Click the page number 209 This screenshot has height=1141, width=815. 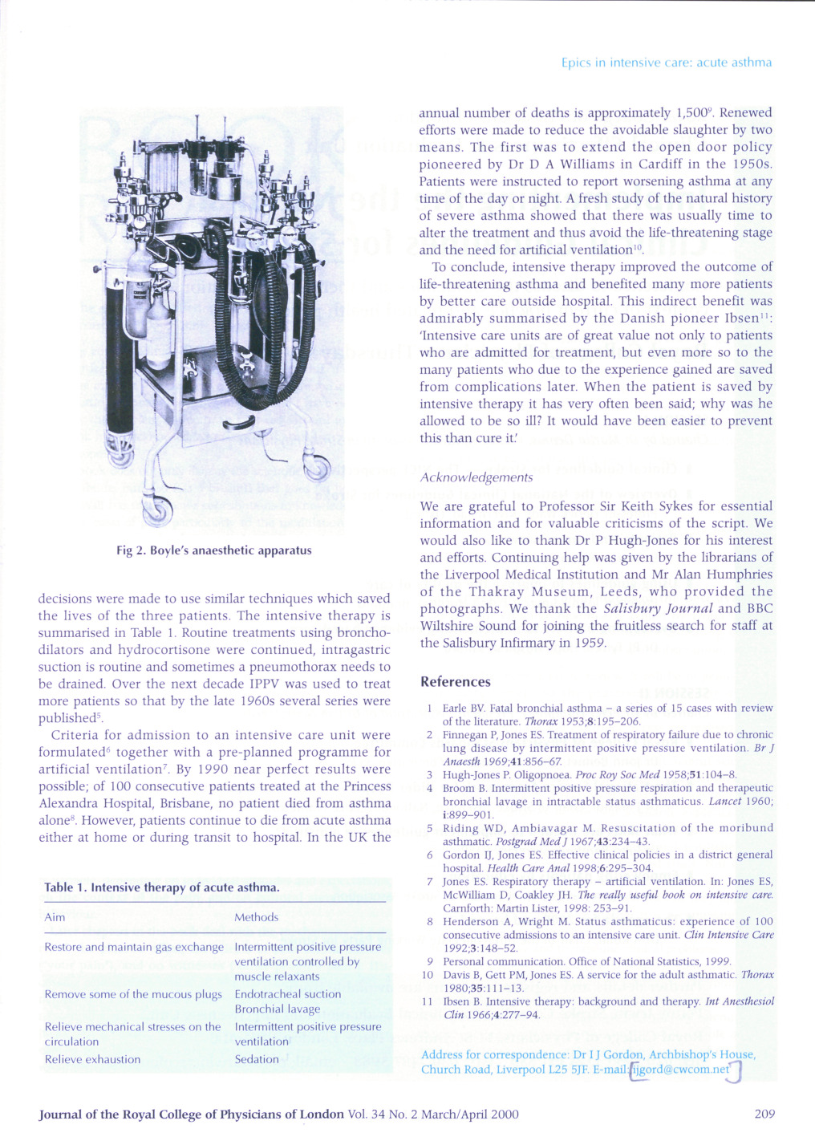[x=764, y=1114]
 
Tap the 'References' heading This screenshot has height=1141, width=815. [x=455, y=682]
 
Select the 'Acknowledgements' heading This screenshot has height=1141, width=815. [x=476, y=477]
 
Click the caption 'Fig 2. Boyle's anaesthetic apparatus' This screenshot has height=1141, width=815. [x=213, y=550]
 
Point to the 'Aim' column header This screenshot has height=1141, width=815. [x=55, y=917]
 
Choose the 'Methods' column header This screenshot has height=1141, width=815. [x=256, y=917]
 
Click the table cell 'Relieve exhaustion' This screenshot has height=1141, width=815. [x=92, y=1059]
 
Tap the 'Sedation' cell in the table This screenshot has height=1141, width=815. [x=257, y=1059]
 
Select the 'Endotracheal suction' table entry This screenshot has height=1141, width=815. [x=287, y=994]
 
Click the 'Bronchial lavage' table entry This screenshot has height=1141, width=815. [x=277, y=1009]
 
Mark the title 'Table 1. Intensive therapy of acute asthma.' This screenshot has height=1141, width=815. [x=162, y=887]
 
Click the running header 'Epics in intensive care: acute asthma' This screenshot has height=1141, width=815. [x=666, y=63]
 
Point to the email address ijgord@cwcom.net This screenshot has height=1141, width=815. [x=681, y=1070]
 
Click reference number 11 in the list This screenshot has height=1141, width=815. [x=428, y=1001]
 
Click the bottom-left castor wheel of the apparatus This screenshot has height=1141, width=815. [x=157, y=509]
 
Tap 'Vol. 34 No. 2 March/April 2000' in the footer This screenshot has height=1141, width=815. [x=433, y=1114]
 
